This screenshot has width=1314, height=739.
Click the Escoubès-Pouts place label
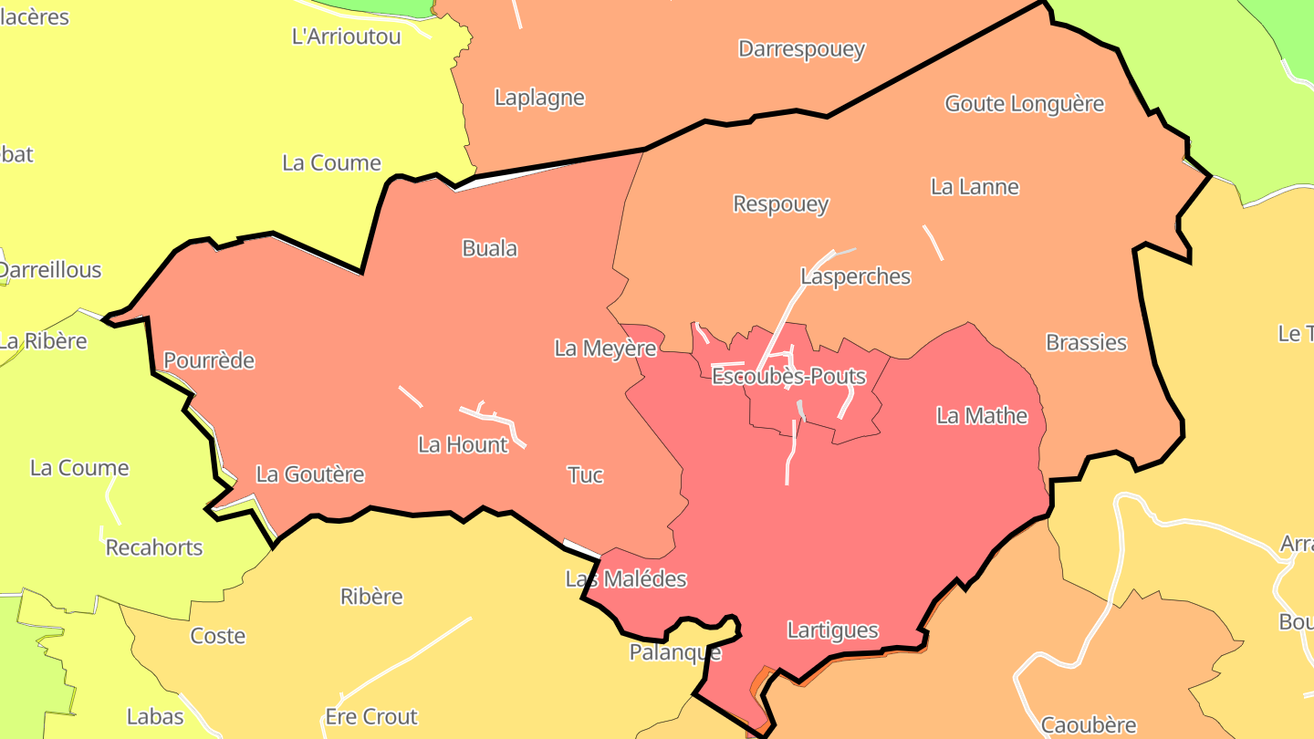click(x=788, y=376)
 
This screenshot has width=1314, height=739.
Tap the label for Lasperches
click(x=855, y=276)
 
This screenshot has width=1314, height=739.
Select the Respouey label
click(x=781, y=203)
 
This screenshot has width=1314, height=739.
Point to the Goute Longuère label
click(x=1024, y=104)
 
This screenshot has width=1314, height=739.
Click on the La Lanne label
click(x=975, y=187)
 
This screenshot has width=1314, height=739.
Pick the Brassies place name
click(x=1086, y=342)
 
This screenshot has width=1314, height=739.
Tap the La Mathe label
click(x=982, y=416)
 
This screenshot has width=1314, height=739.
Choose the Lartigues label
click(x=832, y=630)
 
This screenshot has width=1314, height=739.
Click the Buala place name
click(x=489, y=248)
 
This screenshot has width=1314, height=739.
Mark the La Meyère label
click(x=605, y=348)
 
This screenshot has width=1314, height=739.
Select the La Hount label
click(x=463, y=444)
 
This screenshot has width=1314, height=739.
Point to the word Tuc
click(x=585, y=475)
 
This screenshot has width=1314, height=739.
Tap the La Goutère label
click(x=310, y=474)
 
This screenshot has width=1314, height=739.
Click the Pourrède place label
click(x=209, y=360)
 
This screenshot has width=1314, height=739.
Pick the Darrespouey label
click(x=801, y=48)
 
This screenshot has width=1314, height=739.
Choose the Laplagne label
click(x=539, y=98)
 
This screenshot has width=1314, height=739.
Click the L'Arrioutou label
click(x=346, y=37)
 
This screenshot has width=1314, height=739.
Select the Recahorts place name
click(x=154, y=547)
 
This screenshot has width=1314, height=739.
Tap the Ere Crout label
click(x=371, y=716)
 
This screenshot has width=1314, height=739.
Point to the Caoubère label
click(x=1089, y=725)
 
